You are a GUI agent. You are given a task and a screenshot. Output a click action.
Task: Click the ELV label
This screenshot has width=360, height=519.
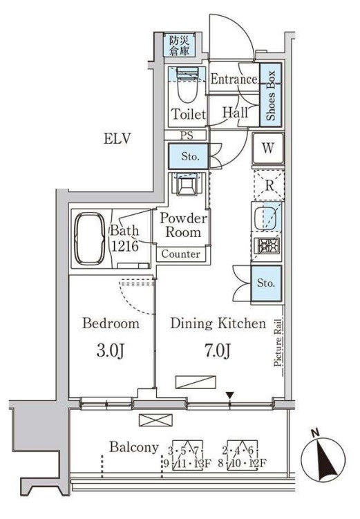tap(117, 138)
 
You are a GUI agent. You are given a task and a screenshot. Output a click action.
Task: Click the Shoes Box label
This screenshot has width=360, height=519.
tap(271, 95)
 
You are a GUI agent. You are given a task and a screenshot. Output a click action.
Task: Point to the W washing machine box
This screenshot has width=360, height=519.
tap(268, 149)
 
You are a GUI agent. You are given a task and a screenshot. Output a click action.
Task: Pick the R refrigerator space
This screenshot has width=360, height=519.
tap(269, 185)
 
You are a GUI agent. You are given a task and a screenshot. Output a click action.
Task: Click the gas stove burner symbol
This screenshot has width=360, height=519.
tap(267, 246)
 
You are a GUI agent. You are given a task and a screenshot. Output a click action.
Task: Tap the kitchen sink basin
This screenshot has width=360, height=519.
tap(267, 218)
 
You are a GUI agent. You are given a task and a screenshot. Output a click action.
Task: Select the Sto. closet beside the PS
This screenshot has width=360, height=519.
tap(188, 156)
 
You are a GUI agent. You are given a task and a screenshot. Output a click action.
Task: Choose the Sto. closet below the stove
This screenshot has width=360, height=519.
tap(266, 283)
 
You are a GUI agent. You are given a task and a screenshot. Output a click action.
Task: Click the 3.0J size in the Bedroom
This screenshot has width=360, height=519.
tap(110, 351)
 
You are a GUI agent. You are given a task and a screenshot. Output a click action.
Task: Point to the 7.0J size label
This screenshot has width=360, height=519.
tap(218, 351)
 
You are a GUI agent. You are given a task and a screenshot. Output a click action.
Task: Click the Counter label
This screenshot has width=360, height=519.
tap(180, 254)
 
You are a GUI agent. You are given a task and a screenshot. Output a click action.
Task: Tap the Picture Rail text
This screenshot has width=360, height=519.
tap(278, 343)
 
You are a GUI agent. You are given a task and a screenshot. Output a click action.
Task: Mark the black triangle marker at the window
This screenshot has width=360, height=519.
tap(230, 395)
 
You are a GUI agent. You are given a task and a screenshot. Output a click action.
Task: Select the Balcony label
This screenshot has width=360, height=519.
tap(134, 447)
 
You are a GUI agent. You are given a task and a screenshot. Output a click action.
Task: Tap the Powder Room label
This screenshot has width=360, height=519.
tap(183, 225)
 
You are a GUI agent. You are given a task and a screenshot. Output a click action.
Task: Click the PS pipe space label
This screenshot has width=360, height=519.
tap(187, 135)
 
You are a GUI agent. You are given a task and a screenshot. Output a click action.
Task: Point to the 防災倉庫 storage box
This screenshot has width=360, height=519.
tap(180, 46)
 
